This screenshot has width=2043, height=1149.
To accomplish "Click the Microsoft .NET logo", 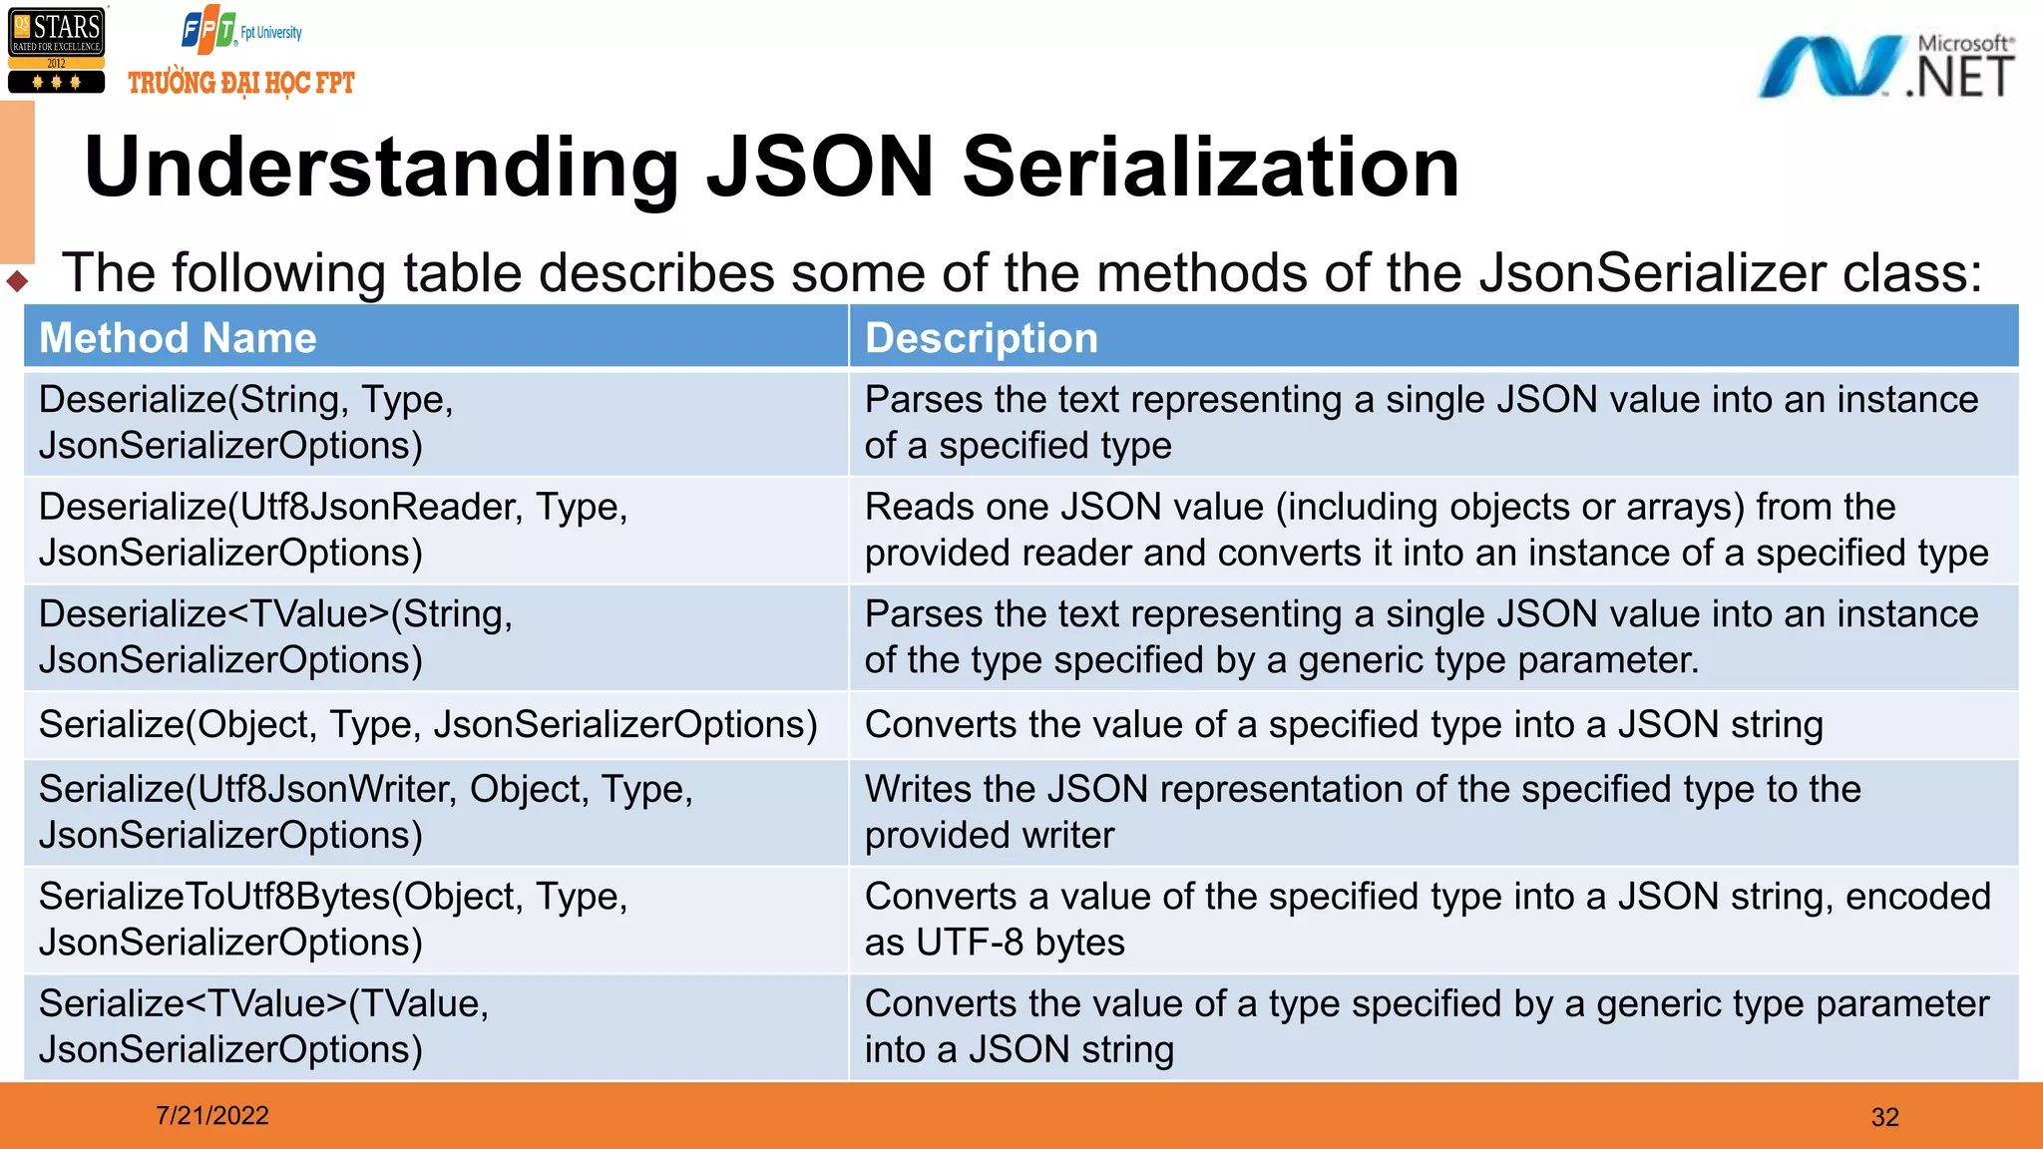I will (1885, 67).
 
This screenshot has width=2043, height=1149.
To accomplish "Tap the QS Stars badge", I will (56, 50).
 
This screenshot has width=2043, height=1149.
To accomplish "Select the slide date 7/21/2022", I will (212, 1115).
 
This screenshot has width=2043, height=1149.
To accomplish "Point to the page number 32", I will (1884, 1117).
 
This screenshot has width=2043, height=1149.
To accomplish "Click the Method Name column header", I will (178, 338).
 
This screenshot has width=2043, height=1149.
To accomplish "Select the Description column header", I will (981, 338).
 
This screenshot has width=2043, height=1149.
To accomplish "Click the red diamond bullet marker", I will (17, 281).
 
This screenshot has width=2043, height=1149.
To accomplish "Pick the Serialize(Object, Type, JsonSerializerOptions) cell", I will (428, 724).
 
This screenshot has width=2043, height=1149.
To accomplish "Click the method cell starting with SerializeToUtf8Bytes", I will (333, 919).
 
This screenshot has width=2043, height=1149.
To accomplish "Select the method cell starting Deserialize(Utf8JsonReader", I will (333, 530).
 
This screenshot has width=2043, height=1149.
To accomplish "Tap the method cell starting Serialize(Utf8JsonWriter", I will (365, 812).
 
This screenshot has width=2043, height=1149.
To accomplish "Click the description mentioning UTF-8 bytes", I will (1427, 919).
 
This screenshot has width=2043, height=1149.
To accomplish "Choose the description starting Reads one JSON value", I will (1427, 530).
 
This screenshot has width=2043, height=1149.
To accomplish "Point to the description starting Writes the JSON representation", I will (1363, 812).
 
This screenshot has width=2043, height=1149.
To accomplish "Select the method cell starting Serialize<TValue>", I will (263, 1026).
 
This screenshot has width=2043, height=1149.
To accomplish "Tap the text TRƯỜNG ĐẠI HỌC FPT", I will (241, 83).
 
